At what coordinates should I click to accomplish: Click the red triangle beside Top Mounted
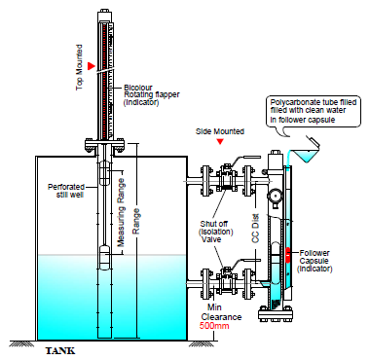tap(92, 66)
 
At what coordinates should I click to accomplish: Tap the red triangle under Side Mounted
tap(220, 141)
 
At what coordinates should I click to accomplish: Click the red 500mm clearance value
tap(214, 326)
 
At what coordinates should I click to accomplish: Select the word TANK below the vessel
tap(60, 350)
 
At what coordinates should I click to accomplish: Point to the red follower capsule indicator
tap(288, 255)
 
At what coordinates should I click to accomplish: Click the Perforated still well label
tap(66, 191)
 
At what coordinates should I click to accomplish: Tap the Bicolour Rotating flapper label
tap(152, 95)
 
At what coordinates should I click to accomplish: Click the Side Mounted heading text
tap(220, 131)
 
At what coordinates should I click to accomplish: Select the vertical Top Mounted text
tap(79, 67)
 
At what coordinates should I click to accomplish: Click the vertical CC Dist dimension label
tap(256, 229)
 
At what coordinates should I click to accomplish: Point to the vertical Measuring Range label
tap(121, 213)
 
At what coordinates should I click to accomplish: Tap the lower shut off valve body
tap(226, 280)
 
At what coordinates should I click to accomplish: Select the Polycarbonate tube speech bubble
tap(314, 111)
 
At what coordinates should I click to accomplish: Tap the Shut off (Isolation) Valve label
tap(215, 232)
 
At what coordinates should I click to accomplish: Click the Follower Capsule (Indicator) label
tap(314, 261)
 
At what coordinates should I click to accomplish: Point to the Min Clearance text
tap(221, 312)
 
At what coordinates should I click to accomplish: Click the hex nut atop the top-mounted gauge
tap(105, 12)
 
